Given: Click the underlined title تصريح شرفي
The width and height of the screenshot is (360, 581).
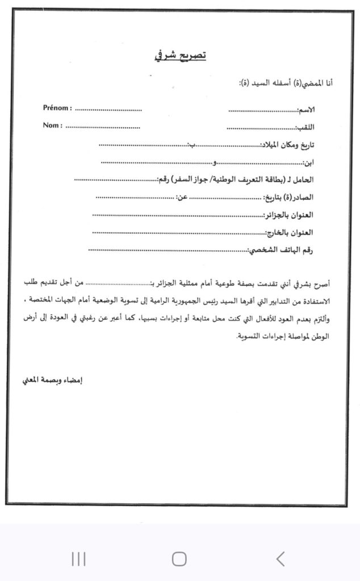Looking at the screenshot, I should point(180,56).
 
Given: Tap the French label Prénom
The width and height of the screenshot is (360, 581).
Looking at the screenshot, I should point(57,108).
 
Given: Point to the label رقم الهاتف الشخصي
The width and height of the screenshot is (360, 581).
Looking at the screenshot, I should point(290,250).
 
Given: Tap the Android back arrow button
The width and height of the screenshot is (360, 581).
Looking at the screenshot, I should point(280,559).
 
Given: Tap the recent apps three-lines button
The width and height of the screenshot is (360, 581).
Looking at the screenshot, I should point(78,559).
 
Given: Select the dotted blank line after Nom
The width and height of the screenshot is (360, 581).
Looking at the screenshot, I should point(103,126).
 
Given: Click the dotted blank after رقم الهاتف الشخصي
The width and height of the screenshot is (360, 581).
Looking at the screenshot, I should point(168,249).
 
